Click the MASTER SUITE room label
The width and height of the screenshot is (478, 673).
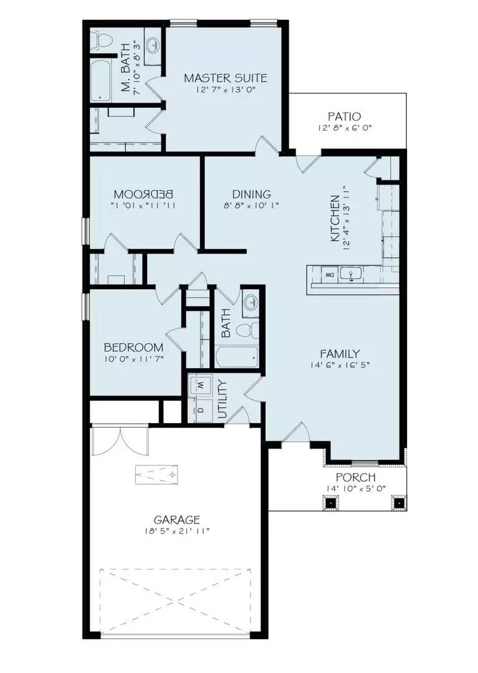pos(225,78)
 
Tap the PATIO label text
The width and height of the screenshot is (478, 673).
pos(344,117)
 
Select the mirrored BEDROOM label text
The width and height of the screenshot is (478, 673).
pos(143,193)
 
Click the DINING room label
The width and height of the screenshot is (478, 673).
pos(251,194)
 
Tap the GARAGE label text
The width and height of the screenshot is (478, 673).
pos(177,519)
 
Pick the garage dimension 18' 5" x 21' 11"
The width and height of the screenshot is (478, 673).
pos(177,531)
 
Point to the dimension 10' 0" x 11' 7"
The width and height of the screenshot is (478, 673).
pos(133,359)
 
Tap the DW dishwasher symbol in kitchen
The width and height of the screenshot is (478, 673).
pos(328,275)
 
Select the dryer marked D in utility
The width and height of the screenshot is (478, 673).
pos(201,409)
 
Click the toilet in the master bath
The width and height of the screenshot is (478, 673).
pos(101,41)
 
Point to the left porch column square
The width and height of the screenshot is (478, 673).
pos(330,502)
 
